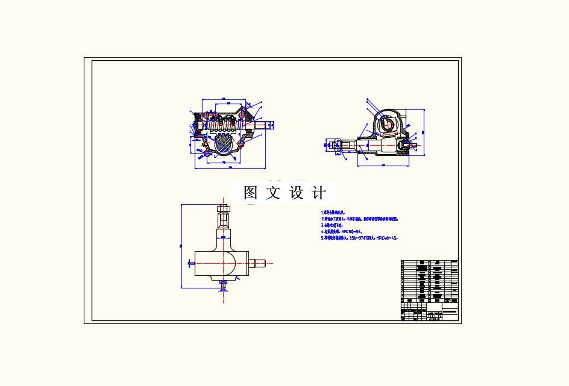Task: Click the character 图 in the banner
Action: click(251, 193)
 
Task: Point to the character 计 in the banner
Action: click(319, 193)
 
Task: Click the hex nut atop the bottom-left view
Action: click(224, 210)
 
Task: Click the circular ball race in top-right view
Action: click(388, 123)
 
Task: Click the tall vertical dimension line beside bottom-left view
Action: click(182, 246)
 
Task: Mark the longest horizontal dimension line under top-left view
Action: click(230, 170)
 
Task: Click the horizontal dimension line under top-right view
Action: click(383, 164)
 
